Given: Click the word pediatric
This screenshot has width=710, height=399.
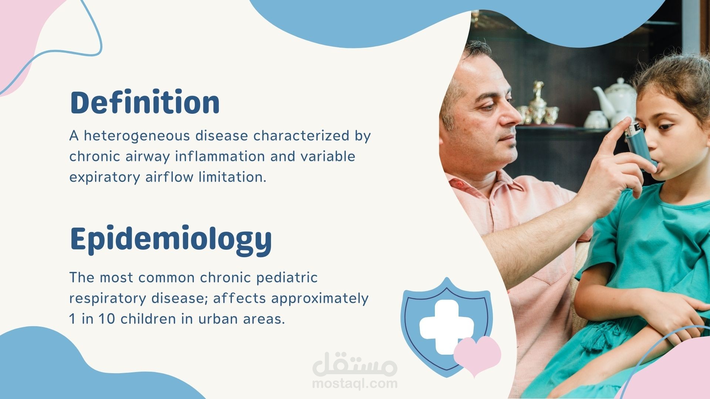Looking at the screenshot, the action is click(287, 278).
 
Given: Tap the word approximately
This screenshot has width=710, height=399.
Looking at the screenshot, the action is click(319, 299).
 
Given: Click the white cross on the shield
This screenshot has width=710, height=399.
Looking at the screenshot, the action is click(446, 326).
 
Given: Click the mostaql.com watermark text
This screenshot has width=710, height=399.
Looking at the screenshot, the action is click(355, 383).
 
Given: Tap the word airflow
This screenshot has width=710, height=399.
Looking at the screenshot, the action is click(169, 177).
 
